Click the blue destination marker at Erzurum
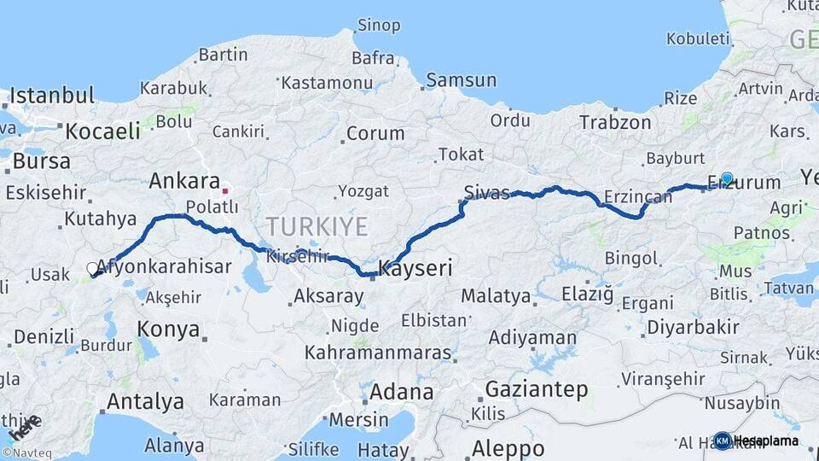(x=726, y=178)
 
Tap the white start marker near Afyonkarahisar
(x=93, y=269)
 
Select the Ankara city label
(x=184, y=181)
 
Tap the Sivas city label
(x=486, y=190)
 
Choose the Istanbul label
(x=51, y=95)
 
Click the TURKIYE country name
(x=317, y=226)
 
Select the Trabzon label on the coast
(x=615, y=123)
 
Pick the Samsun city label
(x=461, y=80)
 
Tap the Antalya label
(x=145, y=400)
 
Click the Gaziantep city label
(x=536, y=390)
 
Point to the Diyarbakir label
(x=693, y=327)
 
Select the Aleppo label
(x=508, y=447)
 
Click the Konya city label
(x=168, y=330)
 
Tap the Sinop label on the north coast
(x=379, y=25)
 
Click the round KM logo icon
(x=723, y=441)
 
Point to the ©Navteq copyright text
(x=26, y=453)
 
